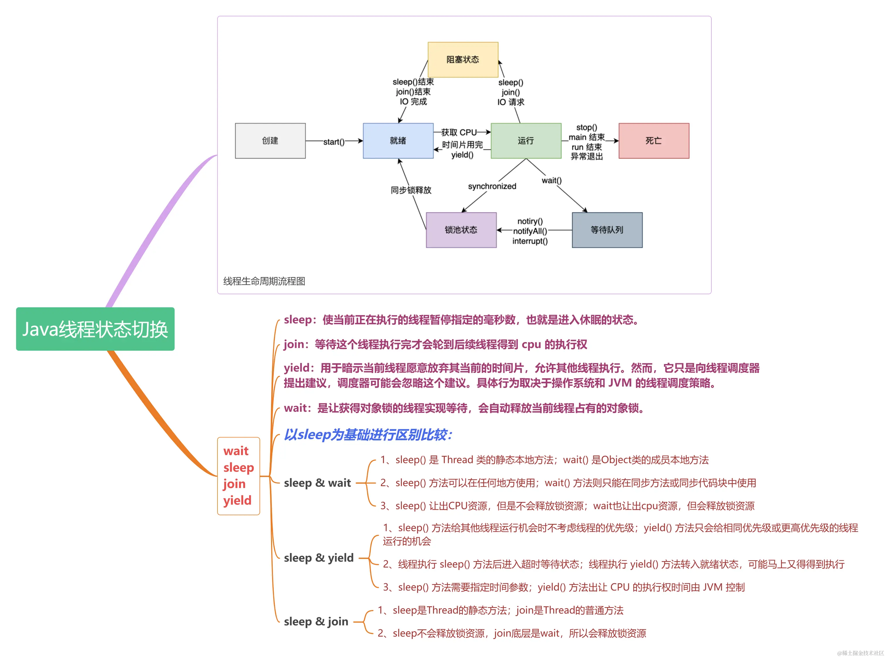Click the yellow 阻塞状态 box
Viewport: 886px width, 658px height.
[462, 59]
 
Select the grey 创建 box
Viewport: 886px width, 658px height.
[270, 141]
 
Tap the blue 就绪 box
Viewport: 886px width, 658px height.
[398, 141]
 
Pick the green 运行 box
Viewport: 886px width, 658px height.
[525, 141]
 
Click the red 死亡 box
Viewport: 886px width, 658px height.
[653, 141]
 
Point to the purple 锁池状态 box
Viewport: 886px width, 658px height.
[461, 230]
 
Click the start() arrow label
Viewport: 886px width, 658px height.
[334, 142]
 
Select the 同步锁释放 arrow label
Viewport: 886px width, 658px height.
[410, 190]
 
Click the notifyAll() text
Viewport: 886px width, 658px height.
[530, 231]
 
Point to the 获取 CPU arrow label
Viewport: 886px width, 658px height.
[459, 132]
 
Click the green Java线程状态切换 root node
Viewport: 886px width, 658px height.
[95, 329]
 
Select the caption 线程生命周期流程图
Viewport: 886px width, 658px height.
[264, 281]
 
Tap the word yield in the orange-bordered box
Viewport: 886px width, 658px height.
[237, 500]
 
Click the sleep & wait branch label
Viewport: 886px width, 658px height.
[317, 483]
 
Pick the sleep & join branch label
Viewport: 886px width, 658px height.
[316, 621]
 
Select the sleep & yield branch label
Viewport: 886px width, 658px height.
[318, 558]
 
